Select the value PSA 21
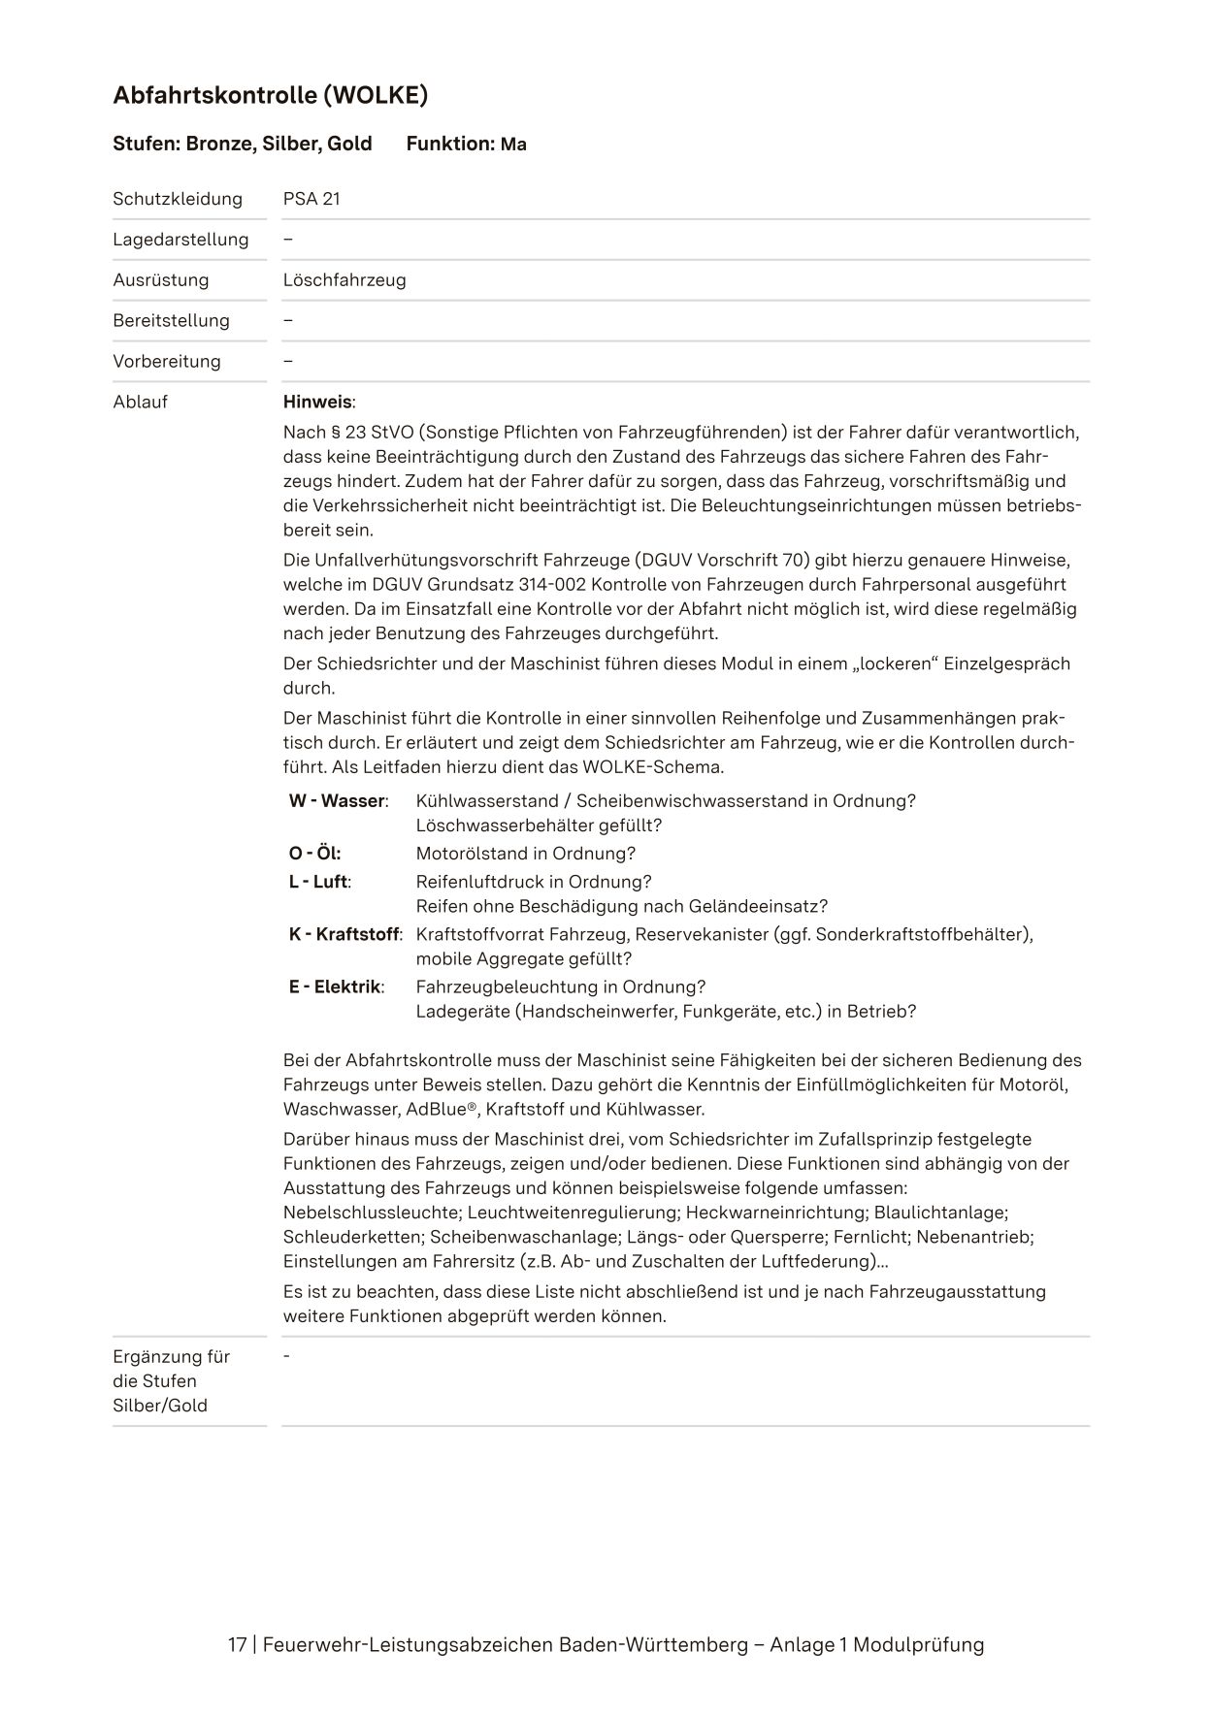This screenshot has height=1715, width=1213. (x=311, y=199)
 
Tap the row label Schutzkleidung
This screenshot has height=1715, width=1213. (x=178, y=199)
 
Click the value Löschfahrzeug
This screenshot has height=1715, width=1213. (x=344, y=280)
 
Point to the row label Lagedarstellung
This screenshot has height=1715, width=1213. (x=180, y=240)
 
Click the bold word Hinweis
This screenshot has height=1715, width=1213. (x=317, y=402)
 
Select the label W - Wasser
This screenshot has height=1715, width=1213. (x=338, y=801)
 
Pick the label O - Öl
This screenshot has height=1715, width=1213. (x=314, y=854)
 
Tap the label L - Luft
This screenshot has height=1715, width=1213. (x=319, y=882)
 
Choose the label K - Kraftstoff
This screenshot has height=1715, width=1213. (x=344, y=934)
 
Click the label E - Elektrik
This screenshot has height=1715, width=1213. (x=336, y=987)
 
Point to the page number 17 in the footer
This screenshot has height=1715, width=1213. (x=237, y=1644)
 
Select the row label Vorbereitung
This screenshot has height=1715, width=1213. (x=167, y=362)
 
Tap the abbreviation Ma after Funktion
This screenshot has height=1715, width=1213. (x=513, y=145)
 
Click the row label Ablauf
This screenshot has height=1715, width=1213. (x=141, y=402)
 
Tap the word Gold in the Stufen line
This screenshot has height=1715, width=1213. (x=349, y=144)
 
